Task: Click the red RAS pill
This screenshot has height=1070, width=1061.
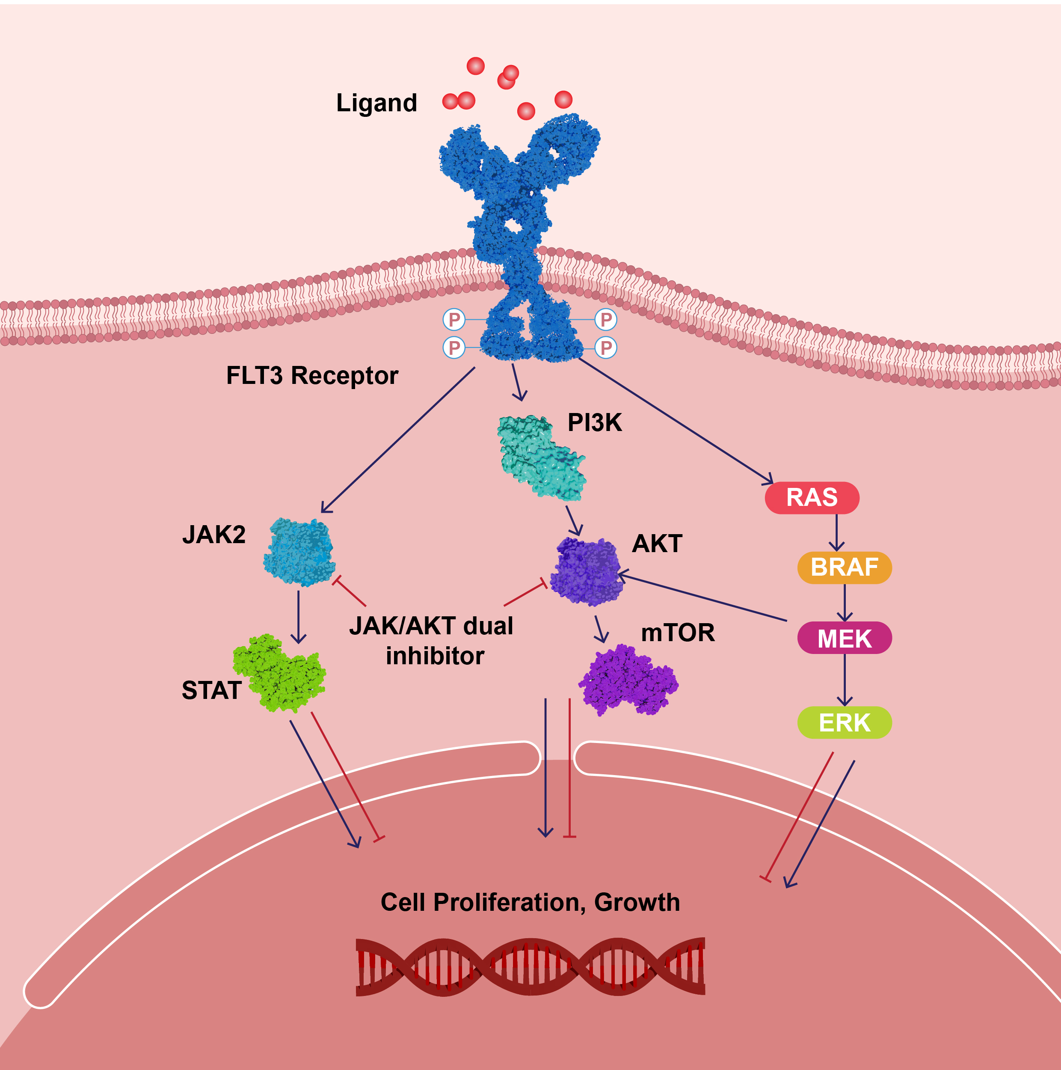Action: tap(812, 497)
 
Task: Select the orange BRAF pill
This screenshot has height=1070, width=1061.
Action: tap(844, 567)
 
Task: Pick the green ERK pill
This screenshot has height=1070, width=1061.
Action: tap(844, 722)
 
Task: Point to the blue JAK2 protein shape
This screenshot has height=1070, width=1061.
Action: tap(299, 552)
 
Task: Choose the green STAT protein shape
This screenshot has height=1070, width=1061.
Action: tap(279, 673)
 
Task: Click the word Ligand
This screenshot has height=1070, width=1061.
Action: tap(376, 103)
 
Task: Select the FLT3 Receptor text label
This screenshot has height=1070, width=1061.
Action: tap(312, 375)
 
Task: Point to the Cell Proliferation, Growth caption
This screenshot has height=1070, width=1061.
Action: tap(530, 902)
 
